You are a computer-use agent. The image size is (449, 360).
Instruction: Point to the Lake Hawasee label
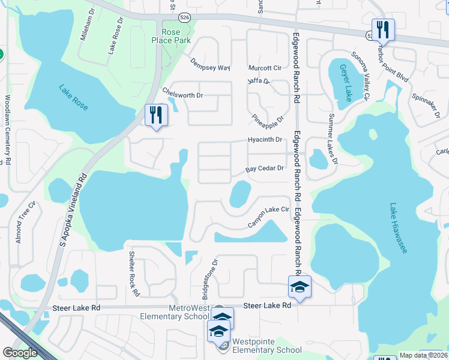click(x=398, y=227)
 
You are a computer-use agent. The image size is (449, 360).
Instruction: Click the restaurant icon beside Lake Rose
click(x=155, y=114)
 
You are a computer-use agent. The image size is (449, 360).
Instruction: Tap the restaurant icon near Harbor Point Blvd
click(x=382, y=29)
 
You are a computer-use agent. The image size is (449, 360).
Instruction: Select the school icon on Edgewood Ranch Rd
click(x=299, y=287)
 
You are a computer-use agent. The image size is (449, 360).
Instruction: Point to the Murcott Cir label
click(x=265, y=68)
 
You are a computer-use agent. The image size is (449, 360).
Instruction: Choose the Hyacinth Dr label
click(x=265, y=140)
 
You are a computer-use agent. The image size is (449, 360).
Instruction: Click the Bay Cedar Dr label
click(x=265, y=169)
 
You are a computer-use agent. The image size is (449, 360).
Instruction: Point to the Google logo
click(x=20, y=353)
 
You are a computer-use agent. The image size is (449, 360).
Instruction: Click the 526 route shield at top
click(x=185, y=17)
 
